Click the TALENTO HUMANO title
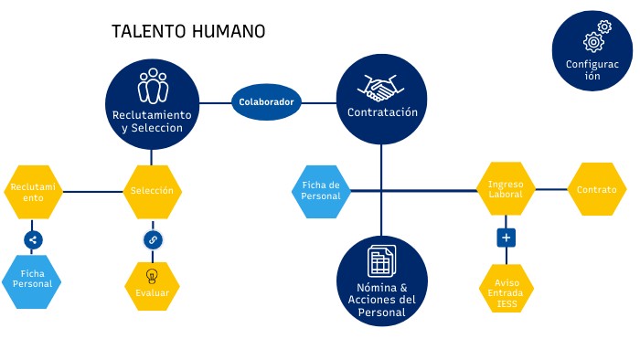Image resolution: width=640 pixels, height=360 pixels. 188,31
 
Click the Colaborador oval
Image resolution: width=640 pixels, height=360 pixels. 266,102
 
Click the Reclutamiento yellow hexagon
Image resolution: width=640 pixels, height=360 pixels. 33,191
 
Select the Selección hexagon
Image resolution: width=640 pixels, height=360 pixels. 152,191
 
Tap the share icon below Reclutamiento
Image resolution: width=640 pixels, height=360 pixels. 33,240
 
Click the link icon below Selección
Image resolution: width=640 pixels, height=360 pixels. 153,240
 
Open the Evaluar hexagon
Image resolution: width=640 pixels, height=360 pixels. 152,286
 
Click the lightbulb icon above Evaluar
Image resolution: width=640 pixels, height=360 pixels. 152,275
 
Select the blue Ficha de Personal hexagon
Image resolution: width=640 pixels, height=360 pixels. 321,190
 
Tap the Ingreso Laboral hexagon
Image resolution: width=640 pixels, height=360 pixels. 506,190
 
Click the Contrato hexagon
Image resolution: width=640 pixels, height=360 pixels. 596,190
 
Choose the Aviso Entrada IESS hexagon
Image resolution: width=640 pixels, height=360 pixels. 506,289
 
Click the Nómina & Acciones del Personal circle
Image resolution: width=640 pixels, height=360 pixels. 382,281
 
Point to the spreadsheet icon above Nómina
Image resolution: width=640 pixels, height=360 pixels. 381,261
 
